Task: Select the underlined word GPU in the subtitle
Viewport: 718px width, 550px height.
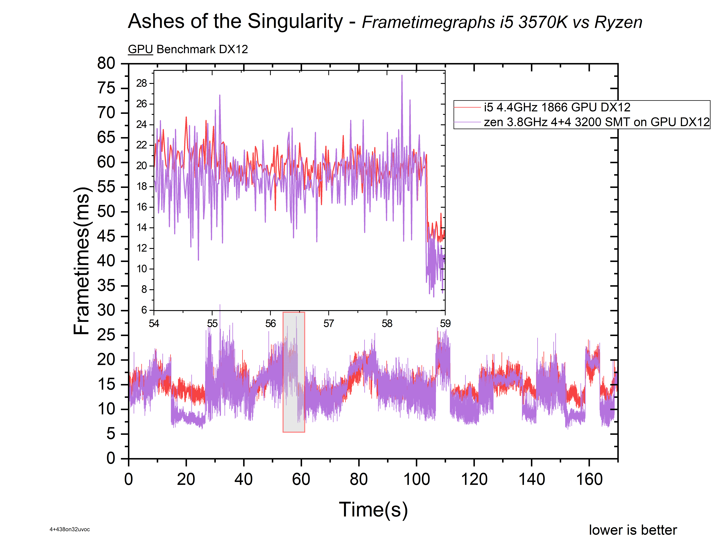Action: click(x=140, y=49)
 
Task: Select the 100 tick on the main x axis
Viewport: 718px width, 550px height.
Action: click(x=416, y=479)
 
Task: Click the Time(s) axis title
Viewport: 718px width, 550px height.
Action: click(x=373, y=510)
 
